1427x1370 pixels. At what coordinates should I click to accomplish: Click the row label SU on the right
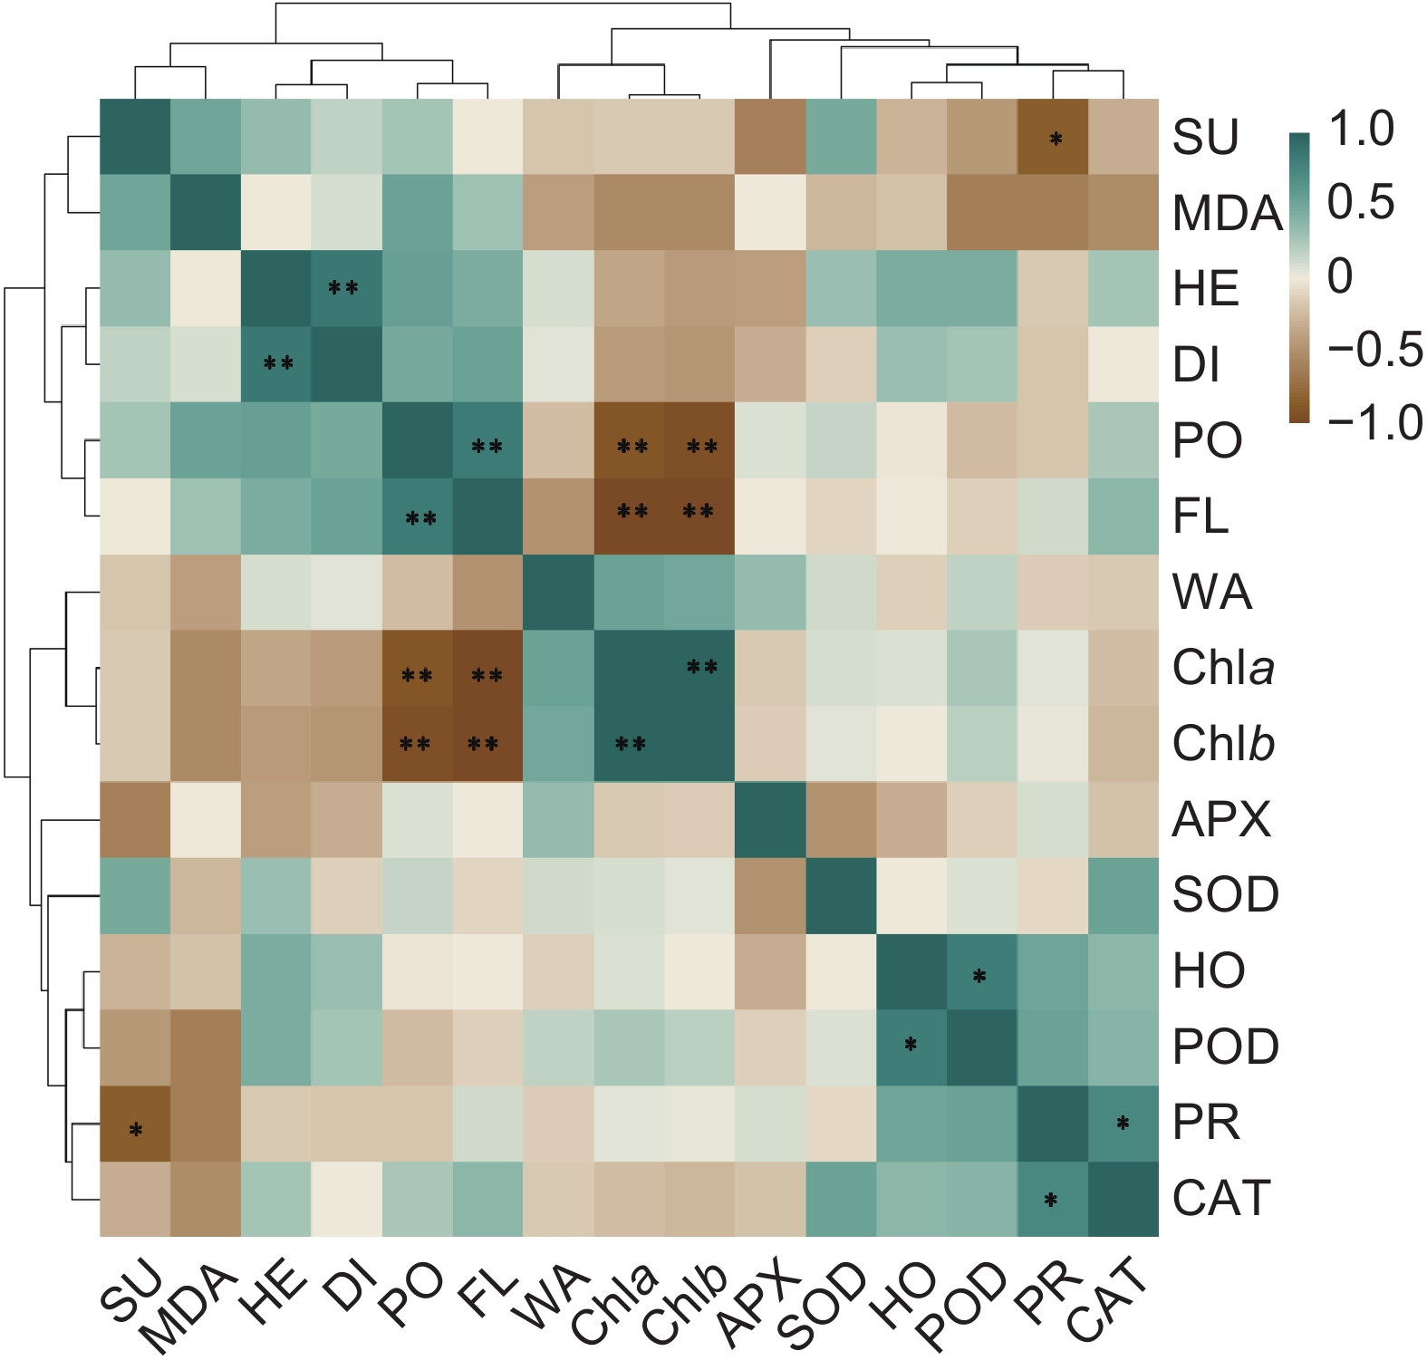[x=1205, y=137]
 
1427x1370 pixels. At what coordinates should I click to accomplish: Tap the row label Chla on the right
[x=1223, y=669]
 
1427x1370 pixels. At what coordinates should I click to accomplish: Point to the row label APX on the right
[x=1221, y=820]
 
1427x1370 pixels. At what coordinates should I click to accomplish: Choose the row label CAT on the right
[x=1221, y=1199]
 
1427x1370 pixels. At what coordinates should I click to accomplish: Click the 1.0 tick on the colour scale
[x=1361, y=130]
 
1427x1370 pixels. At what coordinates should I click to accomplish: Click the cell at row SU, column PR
[x=1053, y=136]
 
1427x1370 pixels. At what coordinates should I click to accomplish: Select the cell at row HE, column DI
[x=346, y=288]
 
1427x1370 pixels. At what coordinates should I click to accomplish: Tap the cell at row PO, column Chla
[x=629, y=439]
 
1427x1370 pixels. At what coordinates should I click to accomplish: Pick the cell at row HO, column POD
[x=982, y=970]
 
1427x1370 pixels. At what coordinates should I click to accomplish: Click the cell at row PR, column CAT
[x=1123, y=1123]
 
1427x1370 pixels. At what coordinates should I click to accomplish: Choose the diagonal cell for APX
[x=770, y=819]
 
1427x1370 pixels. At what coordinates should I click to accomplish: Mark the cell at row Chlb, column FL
[x=487, y=743]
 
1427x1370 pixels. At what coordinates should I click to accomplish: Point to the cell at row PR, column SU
[x=135, y=1123]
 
